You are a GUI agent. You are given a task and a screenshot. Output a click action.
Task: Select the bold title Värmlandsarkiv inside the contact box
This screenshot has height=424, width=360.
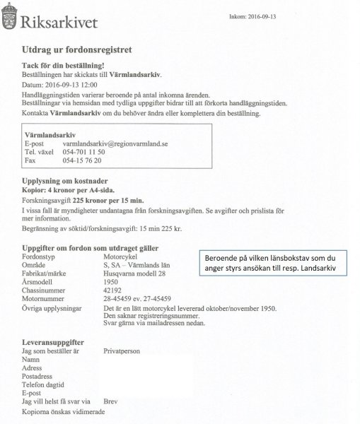[x=50, y=133]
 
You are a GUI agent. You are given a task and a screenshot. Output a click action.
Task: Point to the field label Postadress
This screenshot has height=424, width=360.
[x=38, y=376]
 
